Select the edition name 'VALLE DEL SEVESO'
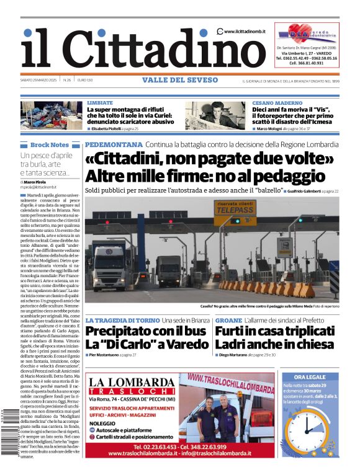(x=180, y=80)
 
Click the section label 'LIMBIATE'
(x=100, y=102)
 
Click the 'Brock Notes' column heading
(x=49, y=144)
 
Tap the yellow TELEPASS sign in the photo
(x=235, y=209)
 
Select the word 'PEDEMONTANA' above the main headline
(x=112, y=144)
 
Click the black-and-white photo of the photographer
(x=215, y=115)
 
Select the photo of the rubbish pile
(x=52, y=115)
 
